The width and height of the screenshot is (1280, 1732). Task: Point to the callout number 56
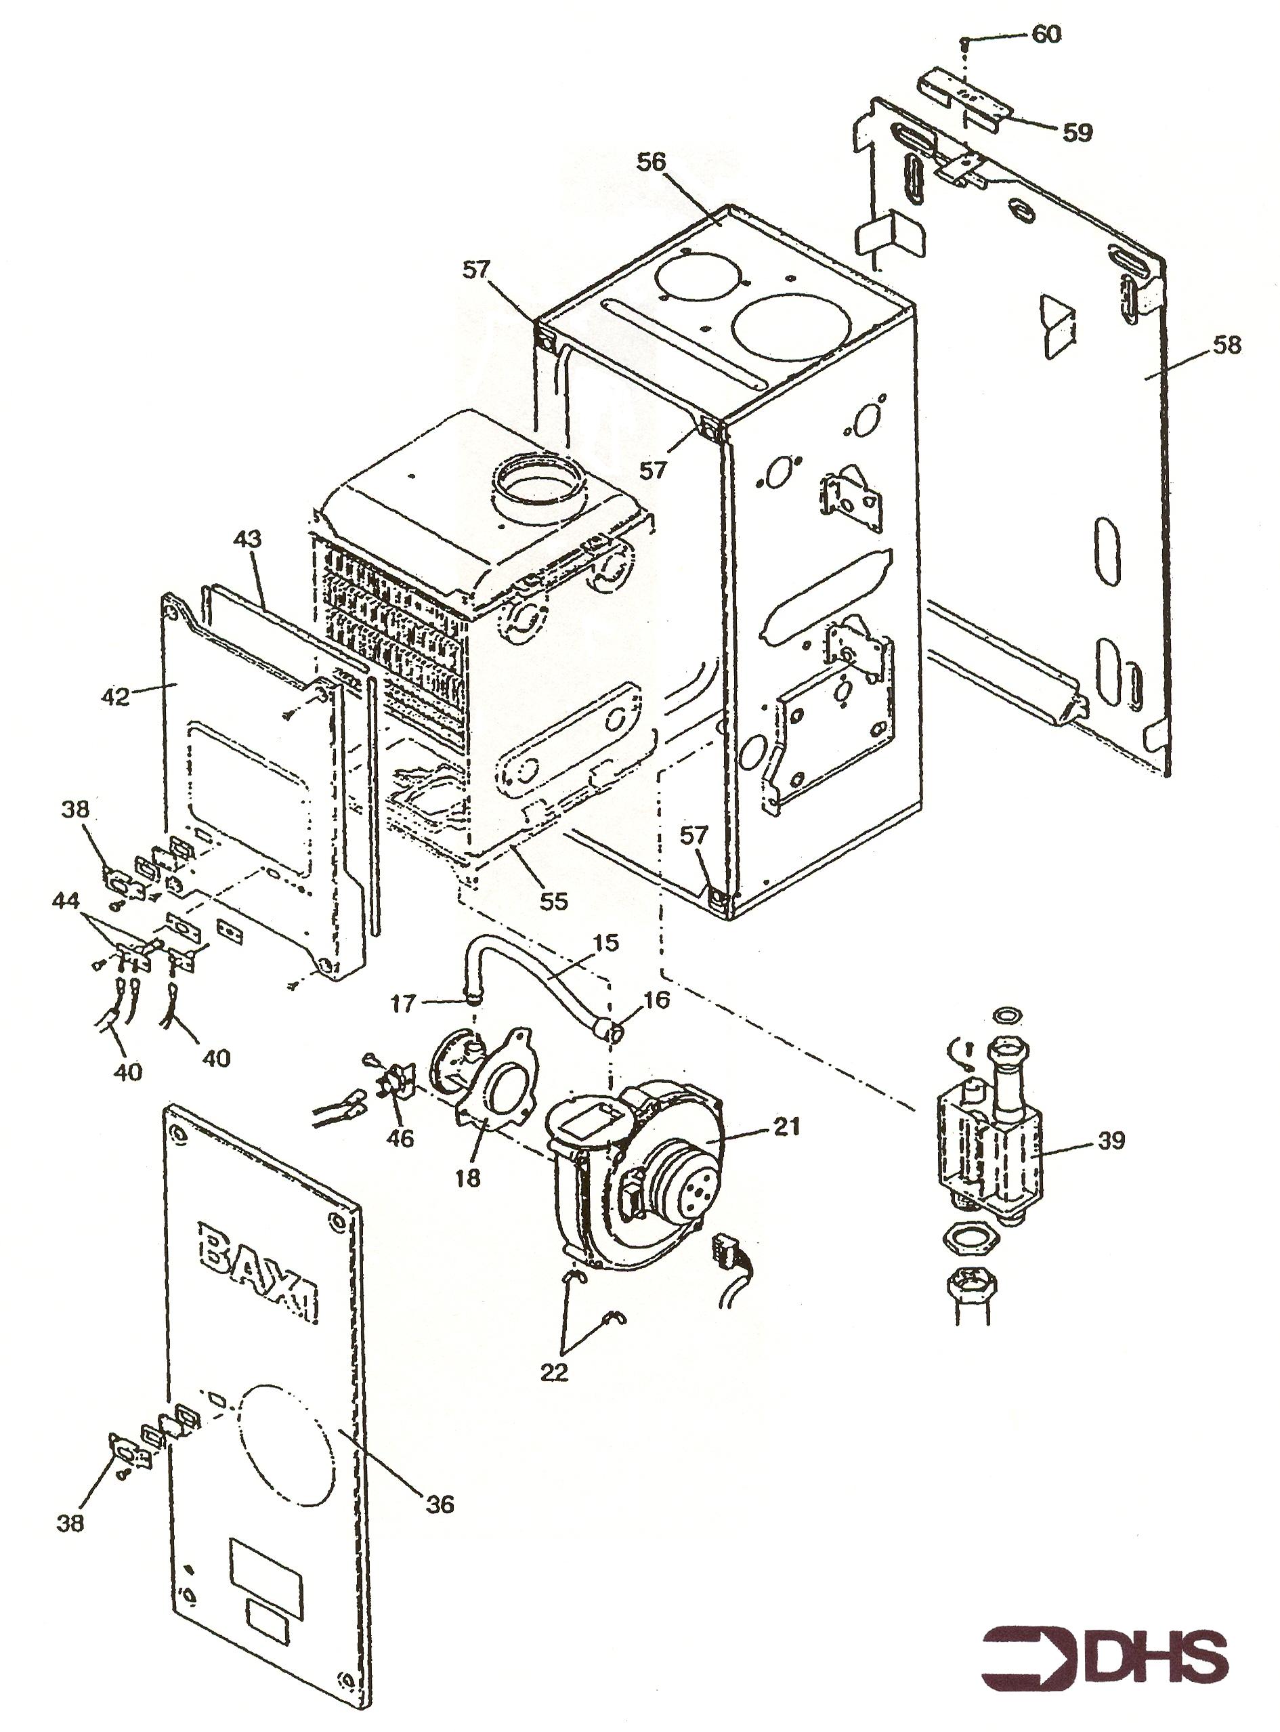coord(651,162)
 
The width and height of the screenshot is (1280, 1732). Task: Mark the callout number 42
coord(116,697)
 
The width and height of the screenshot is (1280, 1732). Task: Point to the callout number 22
coord(554,1372)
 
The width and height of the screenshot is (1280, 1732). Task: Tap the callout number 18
coord(468,1178)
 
